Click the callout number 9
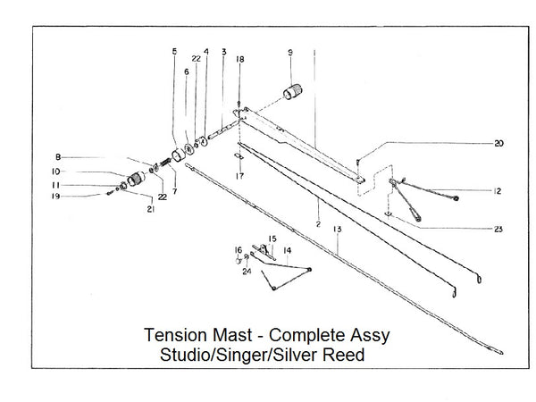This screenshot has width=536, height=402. point(290,54)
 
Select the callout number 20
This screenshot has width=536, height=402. point(498,143)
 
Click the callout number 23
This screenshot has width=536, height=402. point(498,229)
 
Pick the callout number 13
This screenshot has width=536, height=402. point(337,230)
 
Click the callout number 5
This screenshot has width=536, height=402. point(174,51)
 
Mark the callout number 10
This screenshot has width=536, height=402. point(55,171)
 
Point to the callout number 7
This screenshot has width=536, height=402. point(174,191)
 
